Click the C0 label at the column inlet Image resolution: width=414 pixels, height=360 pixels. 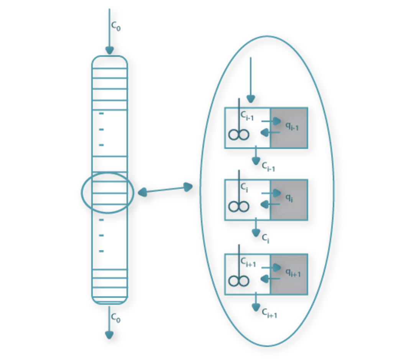[x=116, y=26]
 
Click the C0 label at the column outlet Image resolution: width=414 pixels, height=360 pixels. [x=116, y=318]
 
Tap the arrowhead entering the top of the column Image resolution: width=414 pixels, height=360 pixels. [x=110, y=50]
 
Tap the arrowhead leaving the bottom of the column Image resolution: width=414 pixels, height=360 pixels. [x=109, y=335]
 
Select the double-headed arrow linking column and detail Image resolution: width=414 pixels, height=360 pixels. [x=165, y=190]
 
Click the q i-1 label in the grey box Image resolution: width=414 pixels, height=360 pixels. [x=292, y=126]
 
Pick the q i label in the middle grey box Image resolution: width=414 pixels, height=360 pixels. [x=289, y=197]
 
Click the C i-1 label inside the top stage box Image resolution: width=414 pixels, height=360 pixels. [x=247, y=116]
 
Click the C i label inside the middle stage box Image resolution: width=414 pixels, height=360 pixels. [x=244, y=187]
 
